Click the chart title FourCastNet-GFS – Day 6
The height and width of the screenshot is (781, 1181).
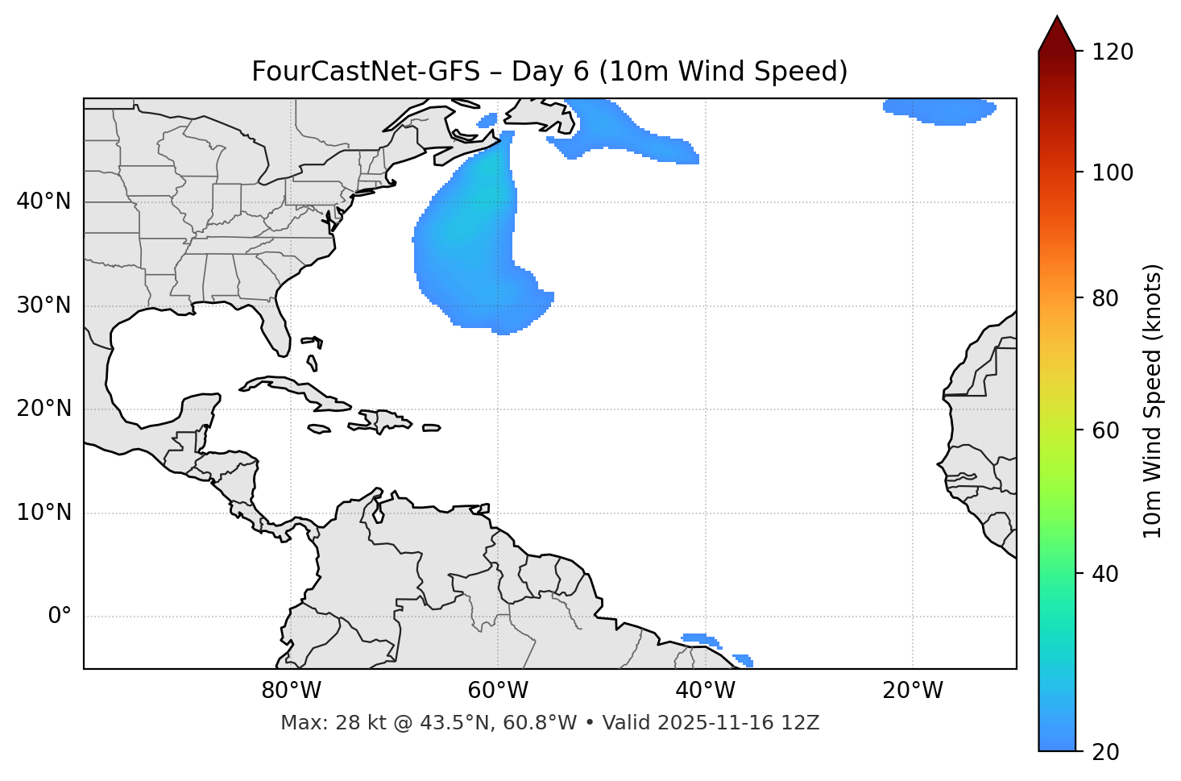549,72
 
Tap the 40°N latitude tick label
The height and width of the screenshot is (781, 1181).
44,201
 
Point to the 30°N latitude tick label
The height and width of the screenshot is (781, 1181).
44,305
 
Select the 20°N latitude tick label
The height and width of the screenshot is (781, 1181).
44,409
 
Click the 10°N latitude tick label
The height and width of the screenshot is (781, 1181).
44,513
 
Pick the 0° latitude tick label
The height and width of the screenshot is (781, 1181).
60,617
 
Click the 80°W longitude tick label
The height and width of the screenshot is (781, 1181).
291,691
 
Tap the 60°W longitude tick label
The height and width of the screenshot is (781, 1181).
498,691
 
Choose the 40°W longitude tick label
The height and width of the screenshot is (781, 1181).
705,691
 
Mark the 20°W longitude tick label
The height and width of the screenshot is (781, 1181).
912,691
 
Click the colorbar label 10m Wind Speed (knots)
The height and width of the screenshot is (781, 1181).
1153,401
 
